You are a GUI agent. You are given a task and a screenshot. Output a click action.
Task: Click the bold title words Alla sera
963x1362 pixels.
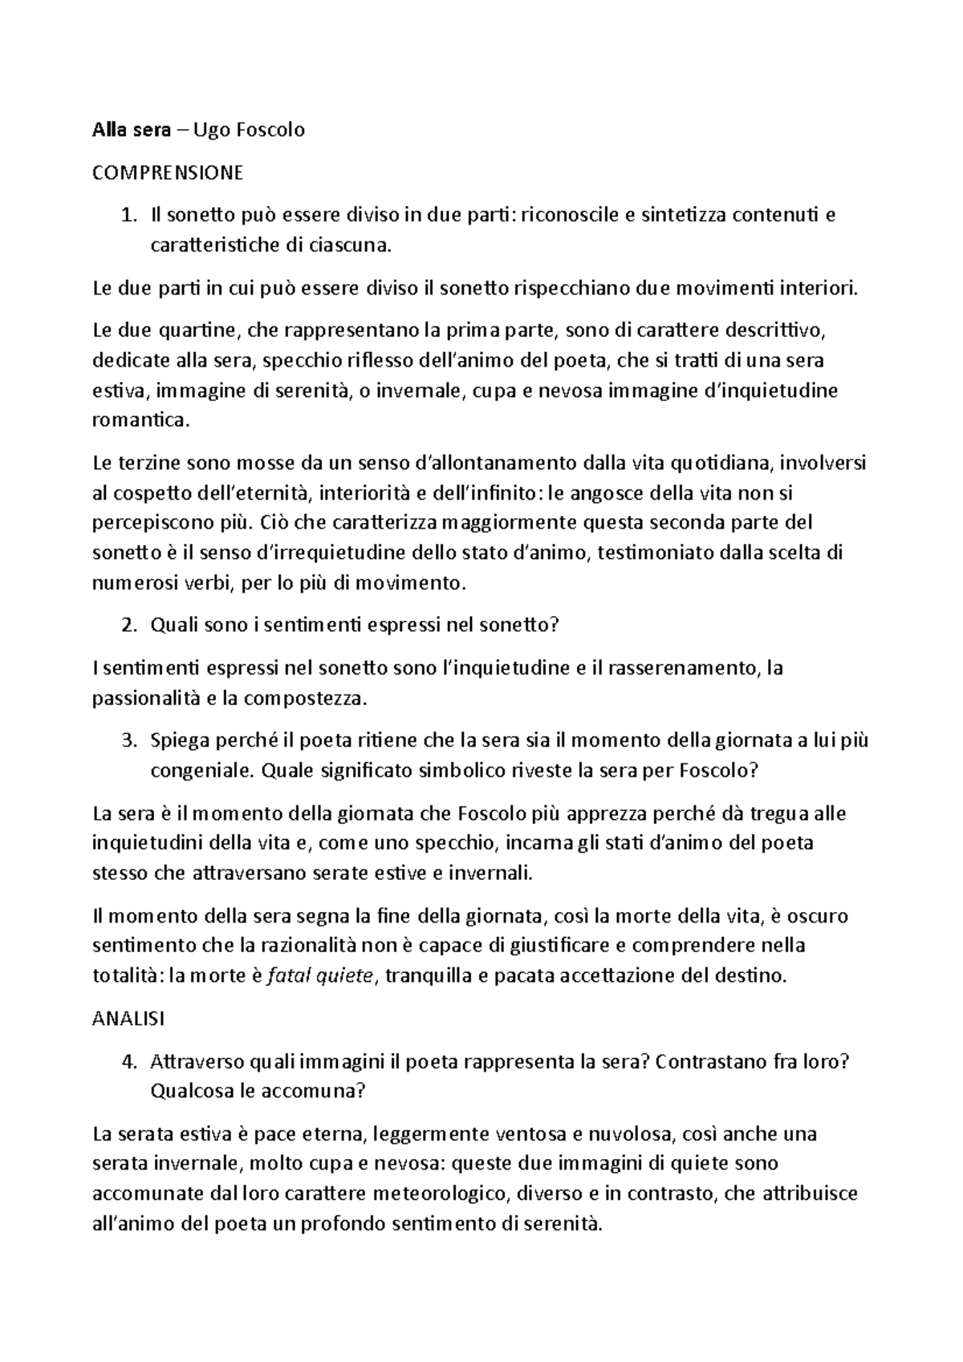132,130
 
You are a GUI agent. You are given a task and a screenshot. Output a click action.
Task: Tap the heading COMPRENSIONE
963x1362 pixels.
168,172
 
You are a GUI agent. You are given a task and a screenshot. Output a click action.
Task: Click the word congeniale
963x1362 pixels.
201,771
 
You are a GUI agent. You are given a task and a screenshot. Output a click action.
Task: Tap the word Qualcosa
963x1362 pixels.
189,1092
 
